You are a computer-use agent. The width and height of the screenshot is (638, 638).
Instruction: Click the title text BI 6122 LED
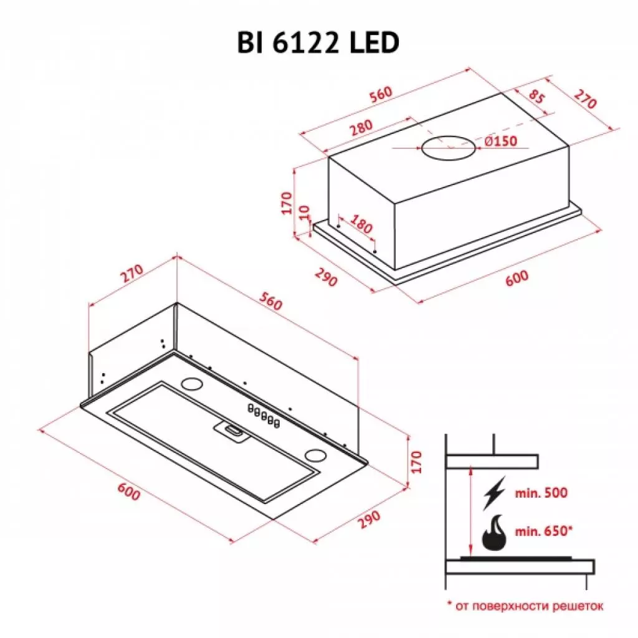pyautogui.click(x=318, y=44)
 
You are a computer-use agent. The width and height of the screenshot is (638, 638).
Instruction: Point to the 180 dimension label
pyautogui.click(x=363, y=224)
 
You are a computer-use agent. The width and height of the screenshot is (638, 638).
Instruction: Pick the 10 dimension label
pyautogui.click(x=303, y=212)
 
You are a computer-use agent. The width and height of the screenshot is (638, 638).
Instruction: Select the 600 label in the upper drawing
pyautogui.click(x=517, y=277)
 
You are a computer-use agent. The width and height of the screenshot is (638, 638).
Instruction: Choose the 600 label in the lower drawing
pyautogui.click(x=128, y=492)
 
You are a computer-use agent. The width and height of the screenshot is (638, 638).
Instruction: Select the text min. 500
pyautogui.click(x=541, y=493)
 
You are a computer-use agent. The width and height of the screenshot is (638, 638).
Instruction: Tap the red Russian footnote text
pyautogui.click(x=525, y=605)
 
